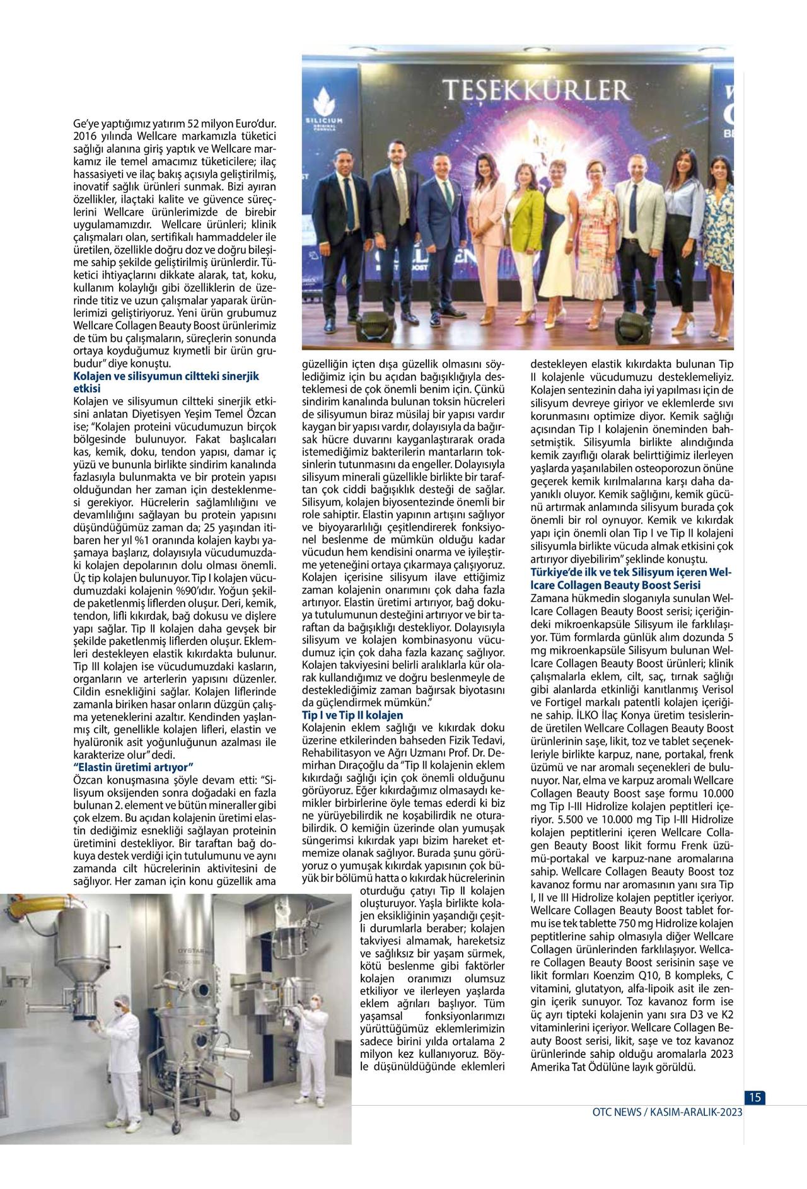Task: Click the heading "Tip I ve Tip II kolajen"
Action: [x=352, y=716]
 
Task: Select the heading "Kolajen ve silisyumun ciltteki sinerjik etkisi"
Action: [x=166, y=382]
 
